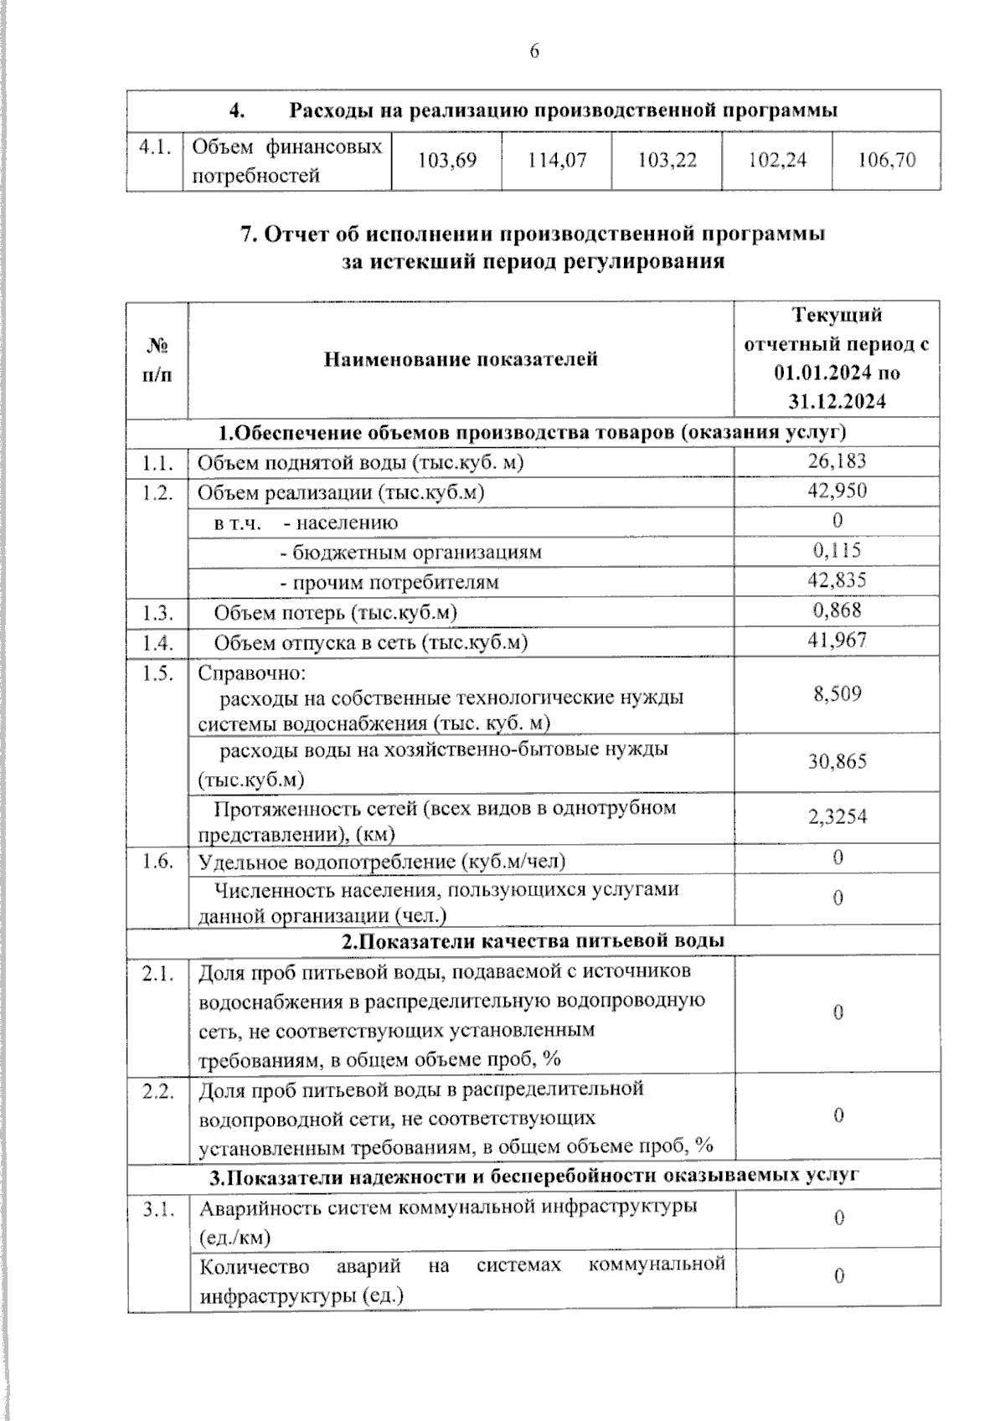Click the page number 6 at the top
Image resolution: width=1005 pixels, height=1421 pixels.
pos(534,52)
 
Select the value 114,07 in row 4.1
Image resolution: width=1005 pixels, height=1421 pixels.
pos(557,160)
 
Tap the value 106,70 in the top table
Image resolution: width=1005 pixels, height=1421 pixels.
pos(887,160)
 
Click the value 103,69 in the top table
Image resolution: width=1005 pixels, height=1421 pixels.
pos(446,160)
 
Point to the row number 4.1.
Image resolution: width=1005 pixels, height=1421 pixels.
pos(155,147)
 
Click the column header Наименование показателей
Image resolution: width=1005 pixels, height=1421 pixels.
pos(461,360)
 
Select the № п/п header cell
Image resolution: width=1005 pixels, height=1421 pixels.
pos(157,360)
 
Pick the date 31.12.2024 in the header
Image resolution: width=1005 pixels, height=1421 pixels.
pos(837,402)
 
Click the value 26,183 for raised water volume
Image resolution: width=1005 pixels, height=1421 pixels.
pos(837,461)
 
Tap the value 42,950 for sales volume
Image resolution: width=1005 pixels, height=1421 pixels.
pos(837,491)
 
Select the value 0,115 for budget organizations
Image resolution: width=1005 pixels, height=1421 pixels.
pos(837,551)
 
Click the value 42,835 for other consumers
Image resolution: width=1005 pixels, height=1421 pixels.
pos(837,580)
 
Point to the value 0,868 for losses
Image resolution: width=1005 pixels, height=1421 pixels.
pos(837,610)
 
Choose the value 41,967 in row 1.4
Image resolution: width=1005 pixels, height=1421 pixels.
pos(837,641)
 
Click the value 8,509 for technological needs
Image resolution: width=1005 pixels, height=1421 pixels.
pos(837,693)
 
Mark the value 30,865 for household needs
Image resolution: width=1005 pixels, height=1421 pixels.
pos(837,762)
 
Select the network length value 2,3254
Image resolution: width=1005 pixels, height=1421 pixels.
pos(837,816)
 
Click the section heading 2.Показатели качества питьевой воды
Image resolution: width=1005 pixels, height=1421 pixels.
pos(533,940)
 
